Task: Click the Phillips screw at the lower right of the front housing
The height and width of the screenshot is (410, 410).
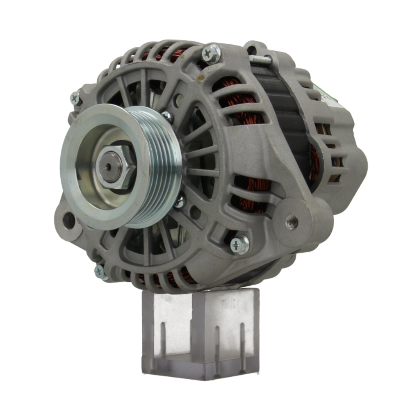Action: pos(240,245)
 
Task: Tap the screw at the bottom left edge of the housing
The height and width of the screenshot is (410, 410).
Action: pos(100,271)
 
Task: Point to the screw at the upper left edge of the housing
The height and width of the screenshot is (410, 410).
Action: pos(75,98)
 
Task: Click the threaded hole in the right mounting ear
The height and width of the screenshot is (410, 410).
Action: pos(292,222)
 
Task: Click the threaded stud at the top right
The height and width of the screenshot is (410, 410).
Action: pos(260,60)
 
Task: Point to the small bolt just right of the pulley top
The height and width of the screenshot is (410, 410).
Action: pos(166,116)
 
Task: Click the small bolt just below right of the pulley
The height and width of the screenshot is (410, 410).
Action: pos(180,201)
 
